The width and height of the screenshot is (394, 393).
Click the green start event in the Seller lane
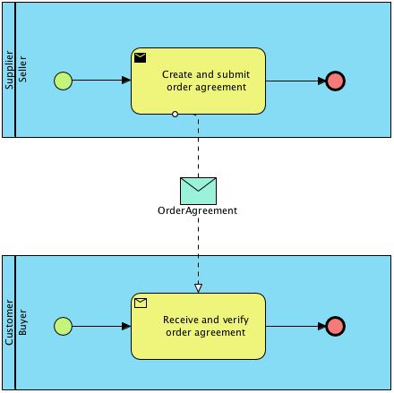[x=63, y=81]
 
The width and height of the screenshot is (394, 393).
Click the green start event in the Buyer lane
[x=63, y=326]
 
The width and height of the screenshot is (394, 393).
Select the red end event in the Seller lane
[x=336, y=81]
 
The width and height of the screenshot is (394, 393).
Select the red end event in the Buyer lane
[x=336, y=326]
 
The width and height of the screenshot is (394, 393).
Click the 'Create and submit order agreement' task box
[x=199, y=81]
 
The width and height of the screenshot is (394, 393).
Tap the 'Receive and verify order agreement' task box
[x=199, y=326]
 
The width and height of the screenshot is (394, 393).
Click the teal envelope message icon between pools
[x=198, y=190]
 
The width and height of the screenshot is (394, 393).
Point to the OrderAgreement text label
[x=198, y=211]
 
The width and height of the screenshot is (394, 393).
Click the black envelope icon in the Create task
[x=141, y=58]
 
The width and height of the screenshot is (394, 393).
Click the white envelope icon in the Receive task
[x=141, y=303]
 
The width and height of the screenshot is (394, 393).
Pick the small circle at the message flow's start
[x=175, y=115]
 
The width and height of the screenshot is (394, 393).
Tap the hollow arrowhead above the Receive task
[x=198, y=287]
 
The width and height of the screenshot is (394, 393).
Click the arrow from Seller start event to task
[x=101, y=81]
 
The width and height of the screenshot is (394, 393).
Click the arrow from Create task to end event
[x=295, y=81]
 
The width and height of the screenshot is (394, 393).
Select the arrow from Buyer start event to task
[x=101, y=326]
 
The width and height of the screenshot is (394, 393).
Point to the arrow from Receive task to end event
[x=295, y=326]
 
